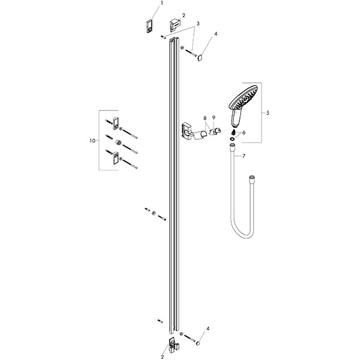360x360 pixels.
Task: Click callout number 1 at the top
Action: [161, 3]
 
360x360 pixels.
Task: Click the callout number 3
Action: [198, 23]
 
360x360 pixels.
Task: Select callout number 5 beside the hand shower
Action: [268, 113]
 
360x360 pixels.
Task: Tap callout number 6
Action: [244, 133]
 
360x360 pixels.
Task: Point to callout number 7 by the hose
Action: [244, 156]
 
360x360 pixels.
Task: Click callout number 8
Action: [205, 118]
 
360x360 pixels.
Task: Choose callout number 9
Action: [214, 118]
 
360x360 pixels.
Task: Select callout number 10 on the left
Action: [92, 140]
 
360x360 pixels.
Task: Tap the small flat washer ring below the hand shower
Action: [232, 139]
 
